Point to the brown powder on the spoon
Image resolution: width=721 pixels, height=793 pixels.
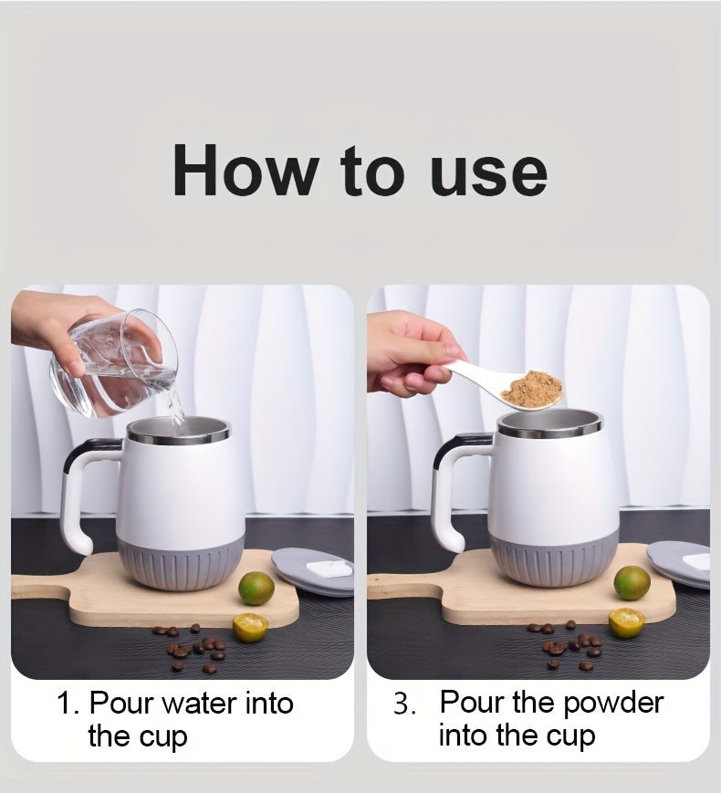coord(532,390)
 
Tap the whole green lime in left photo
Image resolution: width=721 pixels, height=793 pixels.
coord(256,588)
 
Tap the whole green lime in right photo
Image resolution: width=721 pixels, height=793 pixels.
coord(632,582)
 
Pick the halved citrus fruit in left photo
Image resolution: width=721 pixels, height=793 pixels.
coord(249,626)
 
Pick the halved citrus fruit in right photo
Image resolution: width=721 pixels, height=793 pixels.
coord(625,622)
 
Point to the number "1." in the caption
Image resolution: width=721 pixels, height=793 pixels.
coord(69,704)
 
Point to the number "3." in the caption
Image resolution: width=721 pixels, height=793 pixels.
coord(405,704)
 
